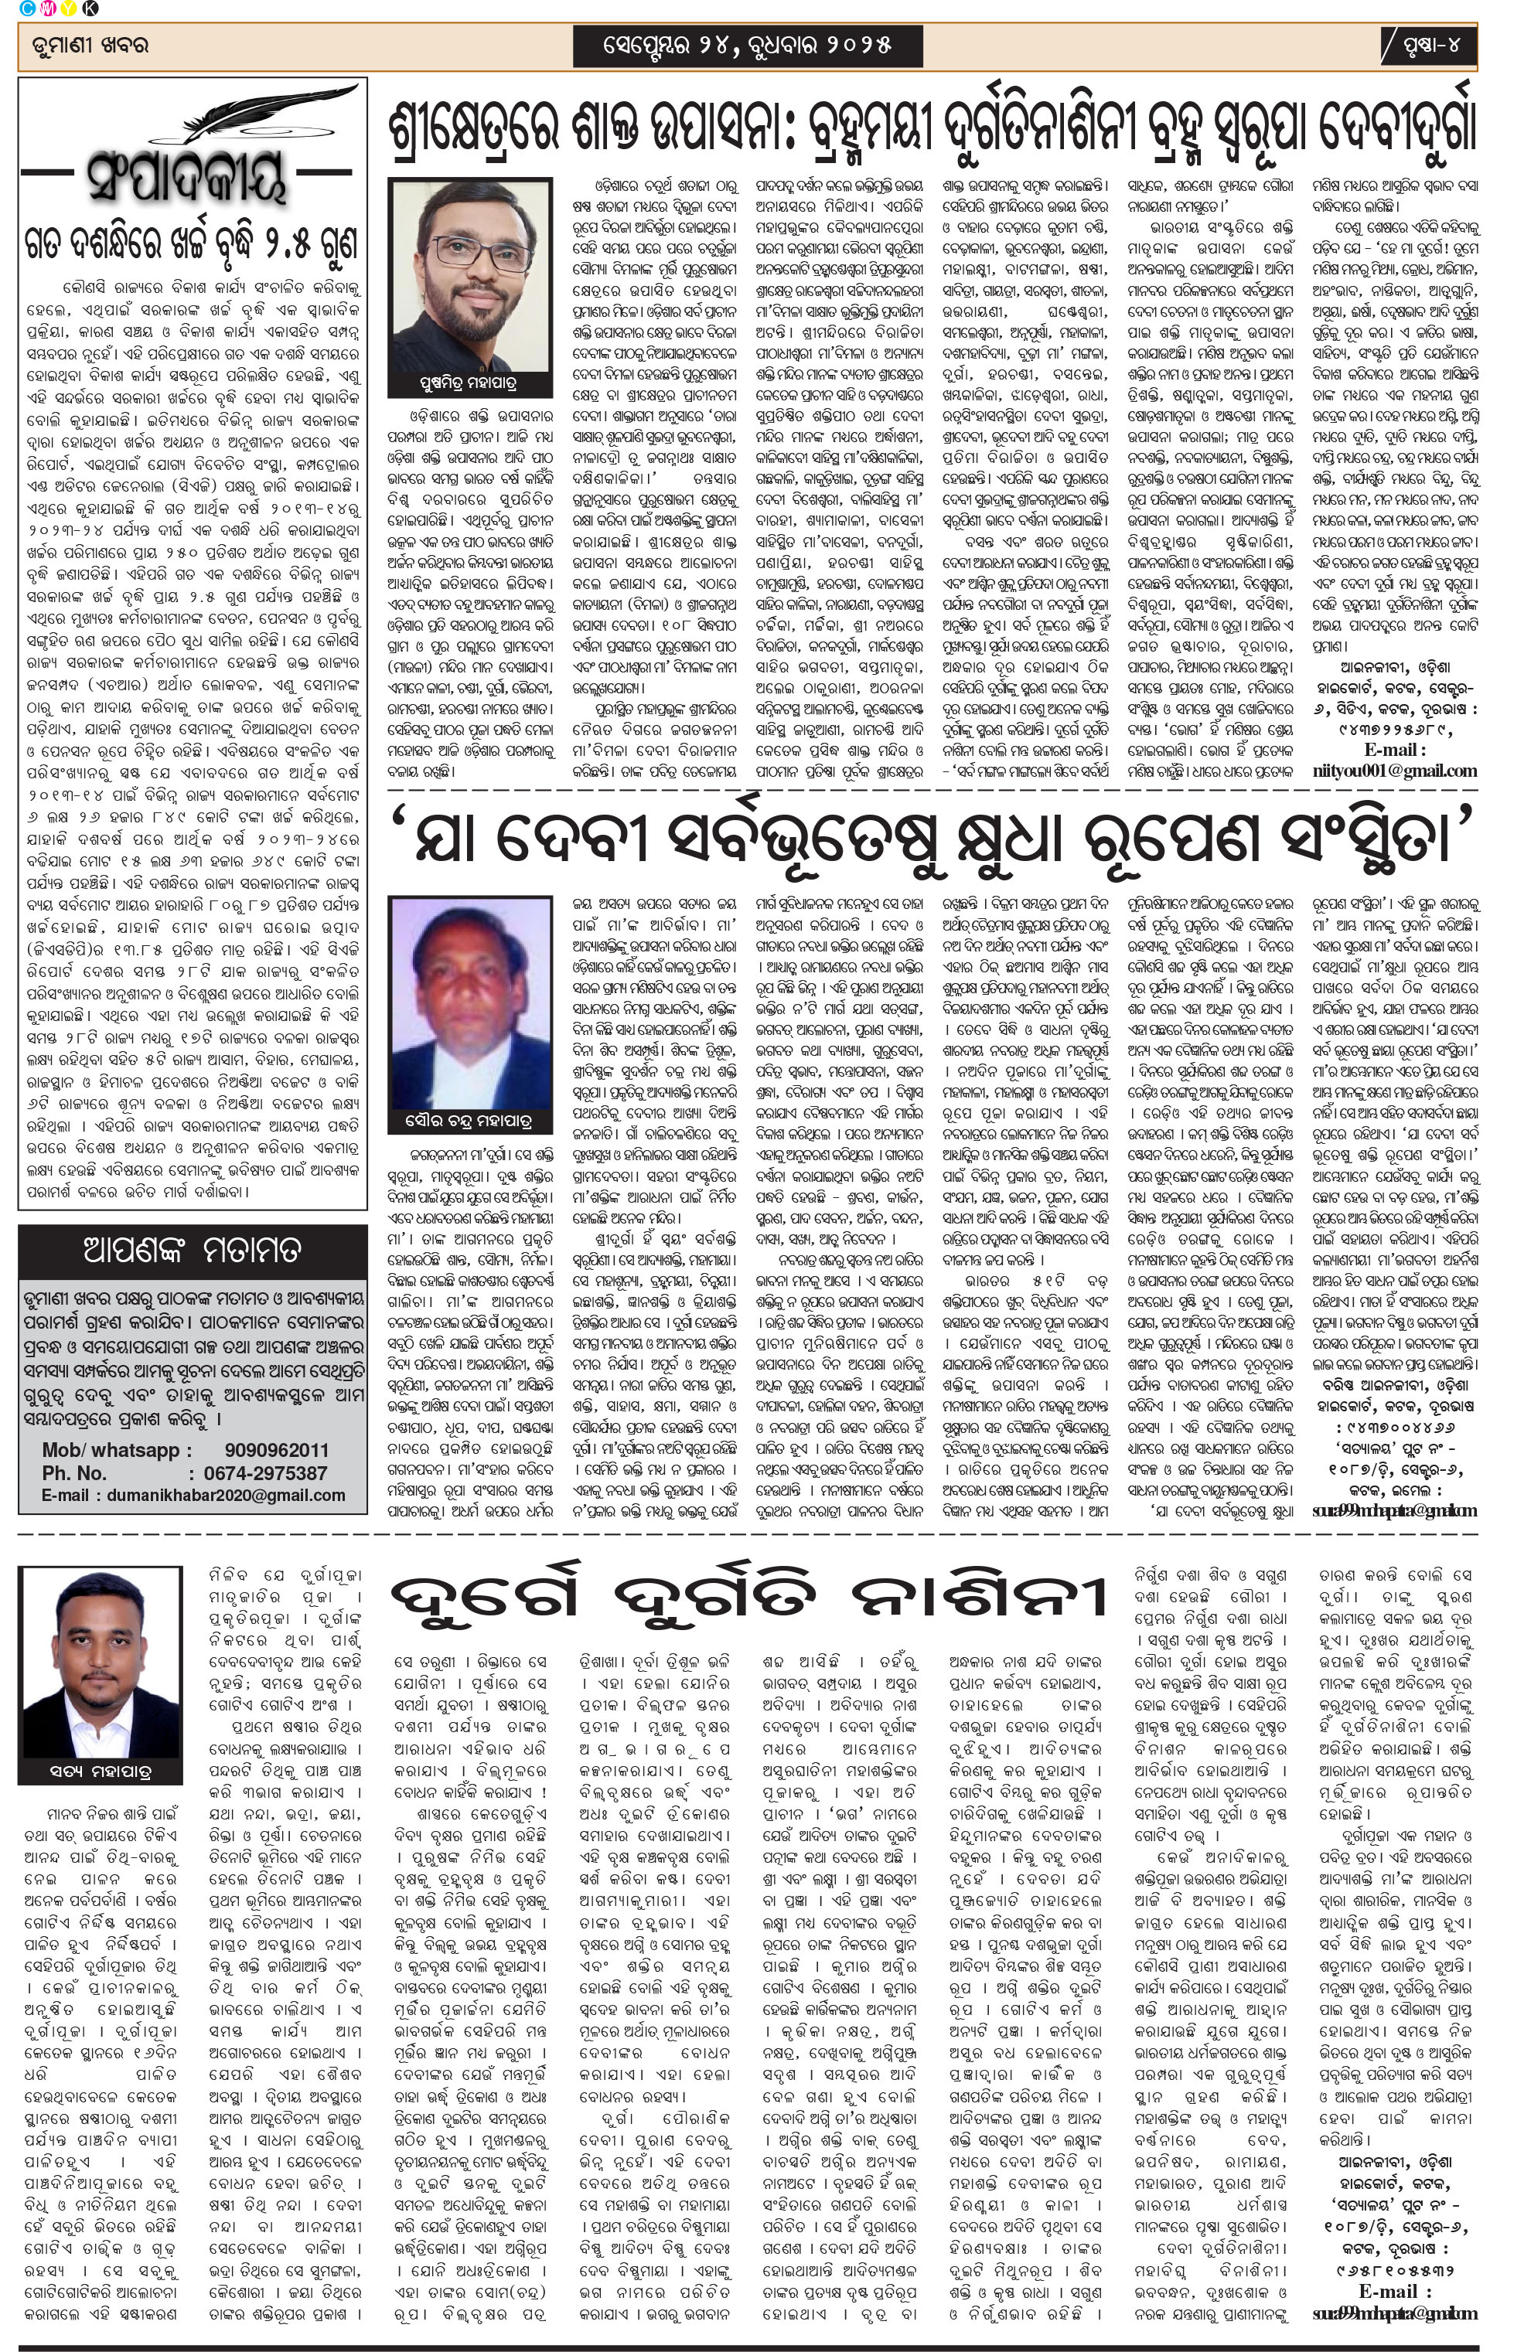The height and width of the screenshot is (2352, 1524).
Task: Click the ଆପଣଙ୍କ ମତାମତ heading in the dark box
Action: [x=192, y=1250]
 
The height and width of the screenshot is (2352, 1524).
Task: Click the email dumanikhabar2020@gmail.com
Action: [x=216, y=1495]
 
